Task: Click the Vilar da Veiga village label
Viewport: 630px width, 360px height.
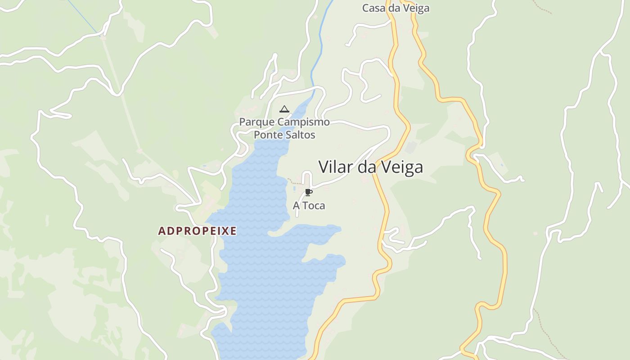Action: point(371,167)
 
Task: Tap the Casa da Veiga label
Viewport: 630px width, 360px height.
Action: point(396,8)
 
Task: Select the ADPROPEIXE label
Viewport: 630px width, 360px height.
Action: point(197,231)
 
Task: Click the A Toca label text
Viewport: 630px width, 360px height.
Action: point(309,206)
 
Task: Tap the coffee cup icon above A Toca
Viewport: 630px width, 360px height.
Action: point(308,193)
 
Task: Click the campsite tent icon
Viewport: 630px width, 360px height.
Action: point(284,109)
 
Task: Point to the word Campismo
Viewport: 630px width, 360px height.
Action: point(303,122)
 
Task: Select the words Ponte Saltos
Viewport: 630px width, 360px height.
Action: point(284,135)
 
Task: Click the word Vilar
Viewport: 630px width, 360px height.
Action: point(336,167)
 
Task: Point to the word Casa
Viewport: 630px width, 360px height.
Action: point(372,8)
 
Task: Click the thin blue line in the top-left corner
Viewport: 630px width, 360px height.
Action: point(83,17)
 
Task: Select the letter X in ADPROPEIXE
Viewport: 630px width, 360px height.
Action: point(224,231)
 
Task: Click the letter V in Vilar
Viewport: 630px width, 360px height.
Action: point(323,167)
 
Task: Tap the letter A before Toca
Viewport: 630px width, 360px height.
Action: point(297,206)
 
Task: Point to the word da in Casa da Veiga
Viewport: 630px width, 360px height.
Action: point(391,8)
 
